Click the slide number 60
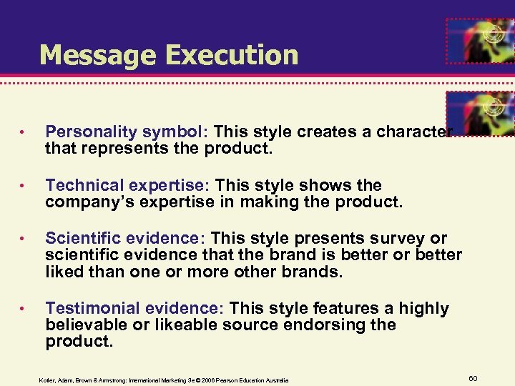(473, 377)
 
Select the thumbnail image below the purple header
(480, 112)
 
